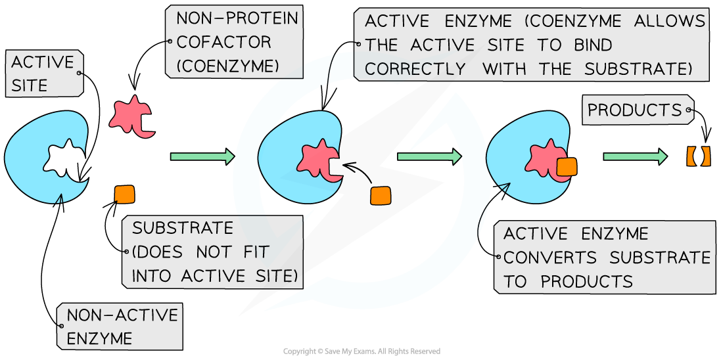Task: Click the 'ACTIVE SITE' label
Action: pyautogui.click(x=43, y=74)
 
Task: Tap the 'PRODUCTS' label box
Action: pyautogui.click(x=634, y=110)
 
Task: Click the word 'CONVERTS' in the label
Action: pyautogui.click(x=550, y=258)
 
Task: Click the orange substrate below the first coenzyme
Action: pyautogui.click(x=124, y=195)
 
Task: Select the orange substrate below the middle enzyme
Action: pyautogui.click(x=380, y=196)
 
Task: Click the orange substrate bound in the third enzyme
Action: pyautogui.click(x=566, y=166)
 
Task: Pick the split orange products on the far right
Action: pyautogui.click(x=698, y=156)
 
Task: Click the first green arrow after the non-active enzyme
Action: pyautogui.click(x=202, y=156)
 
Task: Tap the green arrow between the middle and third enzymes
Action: pyautogui.click(x=429, y=156)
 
